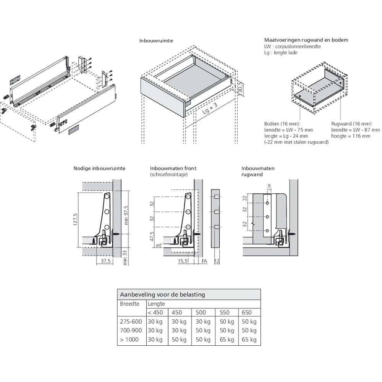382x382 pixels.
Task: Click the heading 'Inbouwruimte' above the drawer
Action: click(156, 40)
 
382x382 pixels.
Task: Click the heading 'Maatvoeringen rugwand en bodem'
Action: click(306, 40)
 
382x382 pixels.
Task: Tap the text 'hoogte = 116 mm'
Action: click(351, 136)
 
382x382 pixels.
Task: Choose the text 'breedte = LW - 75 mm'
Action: click(288, 130)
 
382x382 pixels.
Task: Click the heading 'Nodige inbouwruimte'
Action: click(99, 168)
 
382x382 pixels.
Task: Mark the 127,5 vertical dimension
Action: click(75, 220)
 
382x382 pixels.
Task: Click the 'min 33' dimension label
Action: click(125, 257)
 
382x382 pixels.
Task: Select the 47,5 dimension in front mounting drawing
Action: click(152, 237)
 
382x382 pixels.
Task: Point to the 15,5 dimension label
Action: click(183, 261)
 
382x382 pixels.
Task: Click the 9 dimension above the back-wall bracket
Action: click(269, 186)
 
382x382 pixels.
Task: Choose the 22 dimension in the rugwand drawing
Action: click(245, 198)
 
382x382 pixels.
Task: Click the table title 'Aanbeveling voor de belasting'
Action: click(162, 295)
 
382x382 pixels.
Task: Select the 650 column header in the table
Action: click(246, 312)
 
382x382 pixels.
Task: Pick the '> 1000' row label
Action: click(129, 340)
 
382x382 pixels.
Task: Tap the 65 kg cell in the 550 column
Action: click(227, 340)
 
